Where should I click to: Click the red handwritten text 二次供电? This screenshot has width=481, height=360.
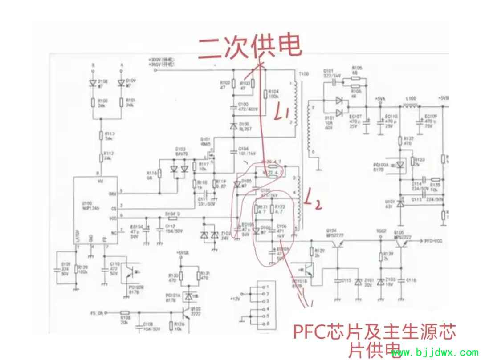(250, 46)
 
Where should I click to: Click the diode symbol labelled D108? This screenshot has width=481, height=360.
(93, 83)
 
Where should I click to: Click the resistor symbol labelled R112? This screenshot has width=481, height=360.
(101, 156)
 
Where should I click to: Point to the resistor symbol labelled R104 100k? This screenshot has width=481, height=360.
(265, 94)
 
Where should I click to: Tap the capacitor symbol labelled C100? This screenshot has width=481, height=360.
(232, 107)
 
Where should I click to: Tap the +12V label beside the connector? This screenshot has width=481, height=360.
(235, 298)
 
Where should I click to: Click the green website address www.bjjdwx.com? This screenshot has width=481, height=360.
(434, 353)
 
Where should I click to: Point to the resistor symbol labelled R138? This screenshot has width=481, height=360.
(125, 313)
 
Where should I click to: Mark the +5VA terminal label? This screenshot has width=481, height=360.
(380, 98)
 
